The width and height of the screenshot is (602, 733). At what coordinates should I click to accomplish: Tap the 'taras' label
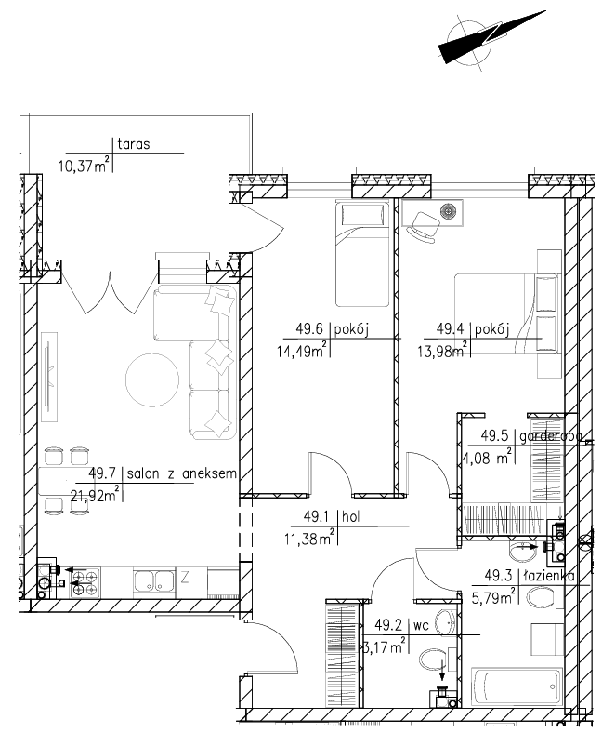pos(134,144)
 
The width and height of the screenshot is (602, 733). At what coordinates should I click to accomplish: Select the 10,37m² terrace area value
pos(84,165)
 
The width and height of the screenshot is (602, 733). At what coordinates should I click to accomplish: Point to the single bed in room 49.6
pos(362,253)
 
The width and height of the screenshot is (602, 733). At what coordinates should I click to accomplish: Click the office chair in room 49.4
pos(423,227)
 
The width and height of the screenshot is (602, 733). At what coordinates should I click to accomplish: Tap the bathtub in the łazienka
pos(517,686)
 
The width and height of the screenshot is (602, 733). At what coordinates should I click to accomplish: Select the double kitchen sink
pos(153,581)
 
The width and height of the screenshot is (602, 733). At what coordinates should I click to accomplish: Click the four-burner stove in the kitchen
pos(85,582)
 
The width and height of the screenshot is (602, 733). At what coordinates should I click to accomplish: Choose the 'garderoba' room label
pos(551,436)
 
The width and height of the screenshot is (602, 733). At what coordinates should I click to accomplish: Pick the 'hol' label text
pos(351,517)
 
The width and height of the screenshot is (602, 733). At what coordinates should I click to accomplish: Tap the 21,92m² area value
pos(95,494)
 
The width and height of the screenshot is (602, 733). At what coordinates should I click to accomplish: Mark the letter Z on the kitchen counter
pos(185,579)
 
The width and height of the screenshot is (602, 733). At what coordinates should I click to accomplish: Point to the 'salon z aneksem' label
pos(182,473)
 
